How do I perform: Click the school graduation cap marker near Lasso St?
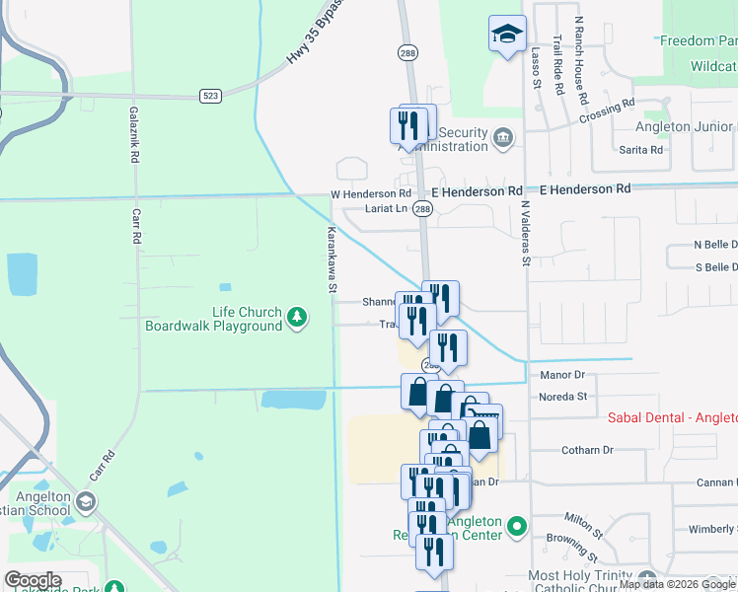507,35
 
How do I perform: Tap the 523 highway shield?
209,96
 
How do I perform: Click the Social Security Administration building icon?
503,135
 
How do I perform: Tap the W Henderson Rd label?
370,193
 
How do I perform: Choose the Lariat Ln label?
386,208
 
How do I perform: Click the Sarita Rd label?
641,150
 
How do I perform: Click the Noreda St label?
562,397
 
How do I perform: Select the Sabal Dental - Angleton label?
671,418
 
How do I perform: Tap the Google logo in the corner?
33,580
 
